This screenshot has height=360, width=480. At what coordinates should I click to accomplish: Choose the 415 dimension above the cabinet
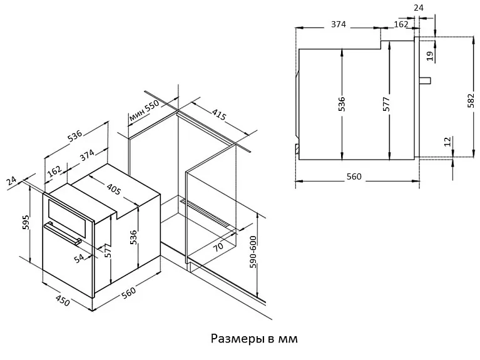pyautogui.click(x=218, y=116)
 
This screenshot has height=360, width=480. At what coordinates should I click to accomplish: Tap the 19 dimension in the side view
pyautogui.click(x=429, y=56)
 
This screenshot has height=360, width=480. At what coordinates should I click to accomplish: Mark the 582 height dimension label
pyautogui.click(x=471, y=100)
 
